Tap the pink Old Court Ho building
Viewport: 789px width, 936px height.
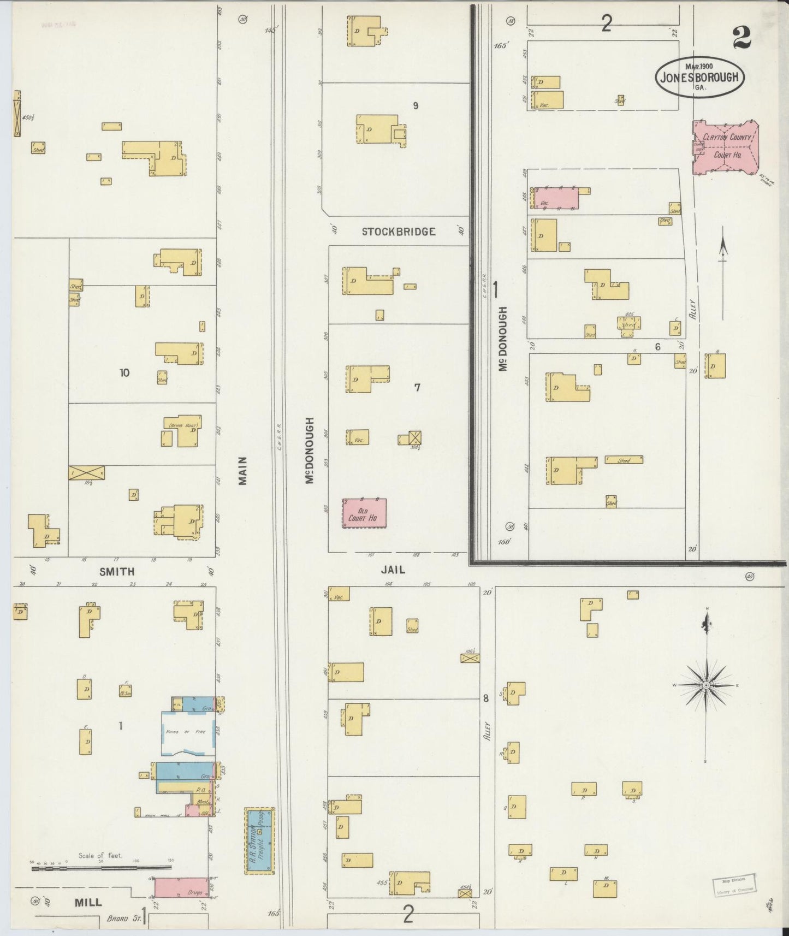click(x=365, y=513)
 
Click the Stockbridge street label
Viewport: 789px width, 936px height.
click(x=399, y=232)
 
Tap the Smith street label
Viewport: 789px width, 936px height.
click(x=117, y=572)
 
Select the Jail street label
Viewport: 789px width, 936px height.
click(x=393, y=570)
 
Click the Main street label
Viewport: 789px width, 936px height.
click(x=243, y=471)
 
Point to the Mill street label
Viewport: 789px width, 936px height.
click(x=88, y=902)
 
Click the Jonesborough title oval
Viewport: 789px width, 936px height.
click(x=699, y=77)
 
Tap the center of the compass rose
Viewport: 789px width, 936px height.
click(x=706, y=685)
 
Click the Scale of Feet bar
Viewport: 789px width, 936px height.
click(x=102, y=867)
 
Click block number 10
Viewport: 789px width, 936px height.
click(x=125, y=373)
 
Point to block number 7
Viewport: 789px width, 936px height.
click(x=417, y=388)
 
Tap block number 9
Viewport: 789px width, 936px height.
click(x=416, y=106)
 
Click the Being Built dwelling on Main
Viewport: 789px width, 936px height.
click(x=182, y=433)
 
